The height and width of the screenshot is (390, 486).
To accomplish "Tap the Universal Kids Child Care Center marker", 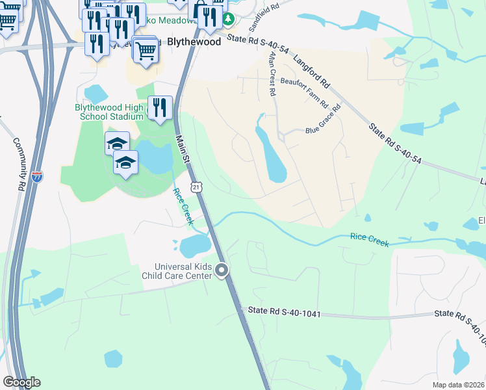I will click(222, 270).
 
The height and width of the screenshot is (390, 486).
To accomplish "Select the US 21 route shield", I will click(197, 187).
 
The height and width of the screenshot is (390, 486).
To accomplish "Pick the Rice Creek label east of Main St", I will click(370, 239).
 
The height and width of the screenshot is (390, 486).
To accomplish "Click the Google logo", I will click(21, 382).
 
